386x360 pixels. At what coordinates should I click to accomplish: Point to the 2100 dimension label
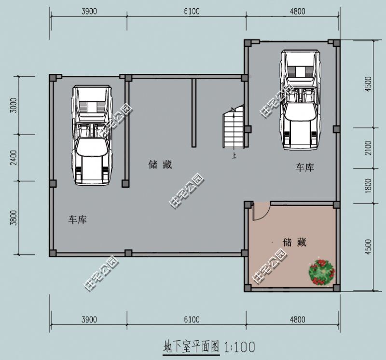pos(369,148)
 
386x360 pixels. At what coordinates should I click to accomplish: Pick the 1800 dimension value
pos(369,185)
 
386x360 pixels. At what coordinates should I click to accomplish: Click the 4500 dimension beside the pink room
pos(369,247)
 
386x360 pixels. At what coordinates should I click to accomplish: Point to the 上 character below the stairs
pos(234,155)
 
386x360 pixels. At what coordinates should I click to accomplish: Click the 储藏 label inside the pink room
pos(295,242)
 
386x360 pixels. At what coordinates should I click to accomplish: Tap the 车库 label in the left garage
pos(77,220)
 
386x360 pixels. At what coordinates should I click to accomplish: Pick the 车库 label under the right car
pos(305,167)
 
